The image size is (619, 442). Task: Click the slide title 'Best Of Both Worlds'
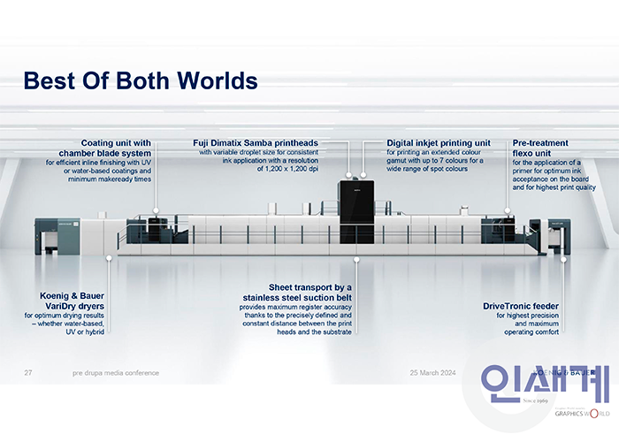coord(140,80)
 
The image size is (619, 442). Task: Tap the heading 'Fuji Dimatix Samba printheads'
coord(256,142)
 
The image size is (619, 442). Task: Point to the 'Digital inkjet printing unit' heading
coord(439,142)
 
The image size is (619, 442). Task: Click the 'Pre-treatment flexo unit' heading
coord(540,148)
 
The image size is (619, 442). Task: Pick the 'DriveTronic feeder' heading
coord(521,306)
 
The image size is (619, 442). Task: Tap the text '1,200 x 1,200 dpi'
coord(287,169)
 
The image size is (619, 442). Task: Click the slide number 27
coord(28,372)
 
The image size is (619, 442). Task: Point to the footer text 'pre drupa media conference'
coord(116,372)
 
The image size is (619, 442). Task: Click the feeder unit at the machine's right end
coord(558,237)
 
